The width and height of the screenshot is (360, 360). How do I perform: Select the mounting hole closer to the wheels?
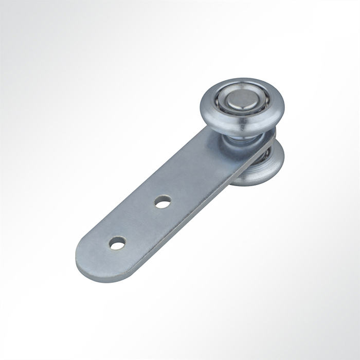pos(163,202)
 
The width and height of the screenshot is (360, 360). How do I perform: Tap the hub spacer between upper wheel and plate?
pos(238,137)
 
